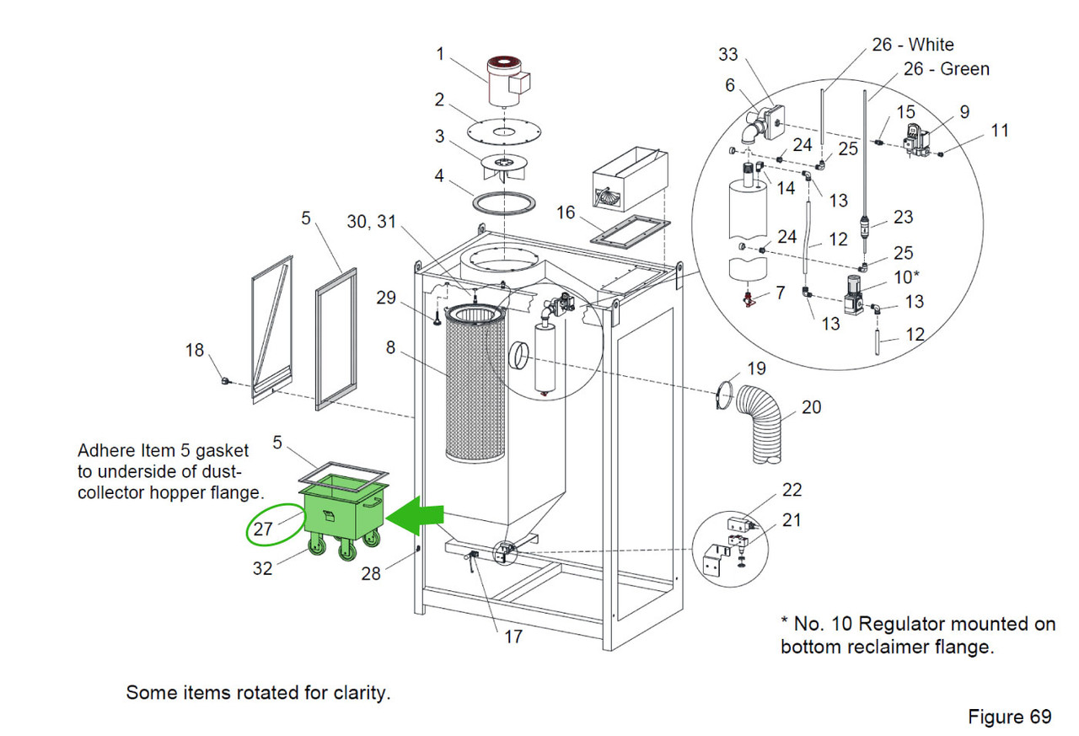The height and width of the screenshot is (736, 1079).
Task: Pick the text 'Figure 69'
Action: click(1009, 717)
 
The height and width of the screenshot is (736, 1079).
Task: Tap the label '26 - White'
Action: click(912, 44)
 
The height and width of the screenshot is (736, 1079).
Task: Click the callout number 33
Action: click(727, 54)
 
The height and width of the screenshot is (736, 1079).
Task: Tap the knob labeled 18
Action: click(226, 381)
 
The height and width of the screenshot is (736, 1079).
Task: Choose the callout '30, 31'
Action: click(370, 221)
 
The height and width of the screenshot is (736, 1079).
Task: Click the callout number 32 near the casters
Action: click(262, 568)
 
